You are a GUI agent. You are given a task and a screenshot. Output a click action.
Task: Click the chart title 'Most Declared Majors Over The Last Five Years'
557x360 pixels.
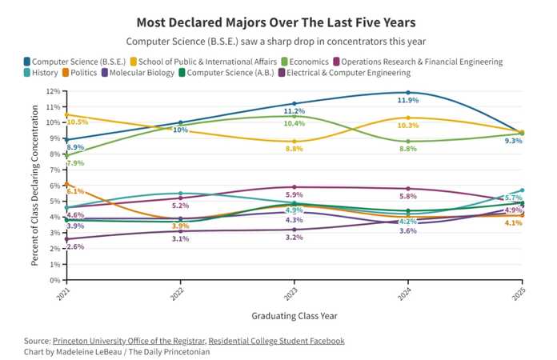[x=276, y=22]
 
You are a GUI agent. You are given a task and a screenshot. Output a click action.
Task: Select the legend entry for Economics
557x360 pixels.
[x=305, y=62]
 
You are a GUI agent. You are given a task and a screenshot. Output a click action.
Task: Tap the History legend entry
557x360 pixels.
[x=41, y=73]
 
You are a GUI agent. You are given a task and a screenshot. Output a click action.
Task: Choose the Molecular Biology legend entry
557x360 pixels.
[x=138, y=73]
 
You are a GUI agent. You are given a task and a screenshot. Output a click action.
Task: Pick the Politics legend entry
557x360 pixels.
[x=79, y=73]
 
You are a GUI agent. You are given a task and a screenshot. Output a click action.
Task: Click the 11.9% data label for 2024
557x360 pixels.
[x=408, y=100]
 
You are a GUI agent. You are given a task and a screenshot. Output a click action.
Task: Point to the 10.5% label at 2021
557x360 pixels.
[x=77, y=122]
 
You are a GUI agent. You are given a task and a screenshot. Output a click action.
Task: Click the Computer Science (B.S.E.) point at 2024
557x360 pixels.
[x=408, y=93]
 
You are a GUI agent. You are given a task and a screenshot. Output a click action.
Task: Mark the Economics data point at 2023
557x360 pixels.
[x=295, y=116]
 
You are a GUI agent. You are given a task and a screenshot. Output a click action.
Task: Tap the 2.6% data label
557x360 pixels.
[x=75, y=246]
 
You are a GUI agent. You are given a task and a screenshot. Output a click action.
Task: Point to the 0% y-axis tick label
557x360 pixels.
[x=55, y=280]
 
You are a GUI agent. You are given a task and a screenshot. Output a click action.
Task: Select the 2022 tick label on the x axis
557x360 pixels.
[x=177, y=294]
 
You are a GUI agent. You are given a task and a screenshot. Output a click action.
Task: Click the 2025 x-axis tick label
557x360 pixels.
[x=519, y=294]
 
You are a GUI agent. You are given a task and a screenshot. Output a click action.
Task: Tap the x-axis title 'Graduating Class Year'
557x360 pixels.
[x=295, y=316]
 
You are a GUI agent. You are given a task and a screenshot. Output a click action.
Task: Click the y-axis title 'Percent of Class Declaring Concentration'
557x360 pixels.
[x=34, y=186]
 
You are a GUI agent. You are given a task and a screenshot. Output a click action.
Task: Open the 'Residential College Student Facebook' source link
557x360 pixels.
[x=276, y=341]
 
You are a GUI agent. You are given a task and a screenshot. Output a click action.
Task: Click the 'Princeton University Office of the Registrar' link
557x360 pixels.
[x=129, y=341]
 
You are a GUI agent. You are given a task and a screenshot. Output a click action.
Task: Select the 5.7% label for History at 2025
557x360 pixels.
[x=513, y=198]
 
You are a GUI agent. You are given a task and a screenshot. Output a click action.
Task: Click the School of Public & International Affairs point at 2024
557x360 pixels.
[x=408, y=118]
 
